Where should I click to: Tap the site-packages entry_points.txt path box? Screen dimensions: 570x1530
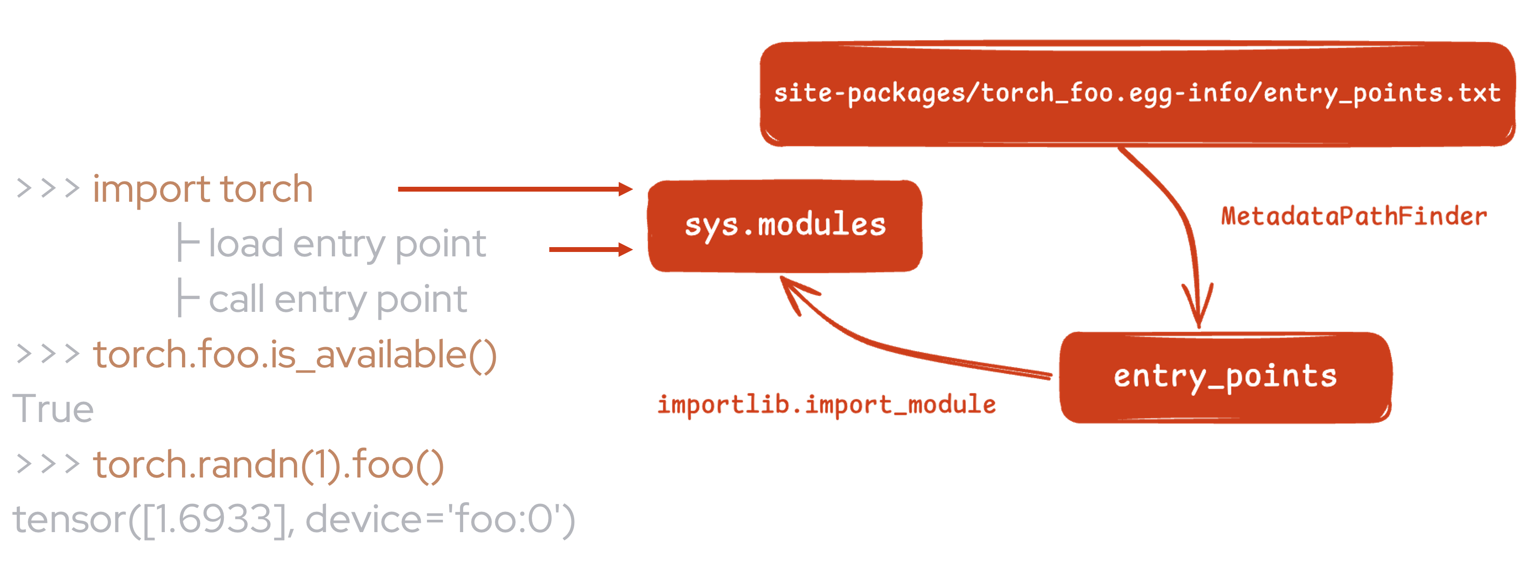pos(1137,94)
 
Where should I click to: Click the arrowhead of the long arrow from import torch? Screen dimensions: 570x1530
pos(625,189)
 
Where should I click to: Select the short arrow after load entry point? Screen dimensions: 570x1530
pos(590,249)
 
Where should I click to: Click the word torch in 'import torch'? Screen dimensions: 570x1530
pos(266,189)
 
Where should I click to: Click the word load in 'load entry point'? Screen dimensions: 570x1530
pos(245,244)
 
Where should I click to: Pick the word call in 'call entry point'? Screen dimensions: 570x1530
pos(236,299)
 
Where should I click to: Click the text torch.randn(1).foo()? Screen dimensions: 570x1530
pos(268,464)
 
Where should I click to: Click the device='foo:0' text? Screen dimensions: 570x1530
pos(439,519)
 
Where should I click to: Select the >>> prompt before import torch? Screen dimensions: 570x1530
pos(48,189)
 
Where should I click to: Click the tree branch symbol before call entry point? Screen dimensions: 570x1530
pos(188,298)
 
